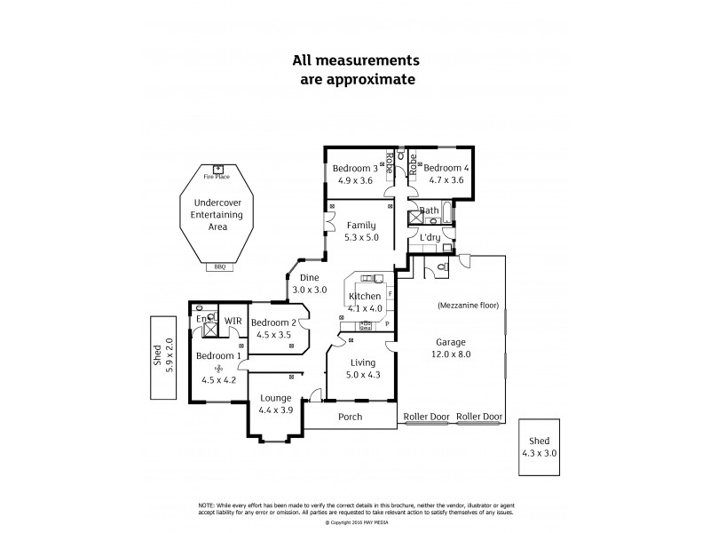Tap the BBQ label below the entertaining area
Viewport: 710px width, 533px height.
click(219, 266)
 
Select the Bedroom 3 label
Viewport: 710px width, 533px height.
click(355, 168)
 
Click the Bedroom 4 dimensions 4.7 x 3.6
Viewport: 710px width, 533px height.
click(443, 181)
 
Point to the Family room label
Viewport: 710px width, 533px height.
click(361, 225)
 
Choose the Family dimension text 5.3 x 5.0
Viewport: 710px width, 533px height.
click(361, 237)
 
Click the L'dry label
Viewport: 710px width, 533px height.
click(430, 237)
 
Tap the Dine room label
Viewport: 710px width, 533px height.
click(310, 277)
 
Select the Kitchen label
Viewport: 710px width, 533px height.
click(365, 296)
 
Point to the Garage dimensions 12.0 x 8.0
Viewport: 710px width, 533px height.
click(453, 354)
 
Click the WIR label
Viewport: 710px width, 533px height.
click(233, 321)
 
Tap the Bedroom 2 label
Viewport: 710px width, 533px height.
click(272, 322)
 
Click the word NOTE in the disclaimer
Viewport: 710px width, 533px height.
click(209, 504)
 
